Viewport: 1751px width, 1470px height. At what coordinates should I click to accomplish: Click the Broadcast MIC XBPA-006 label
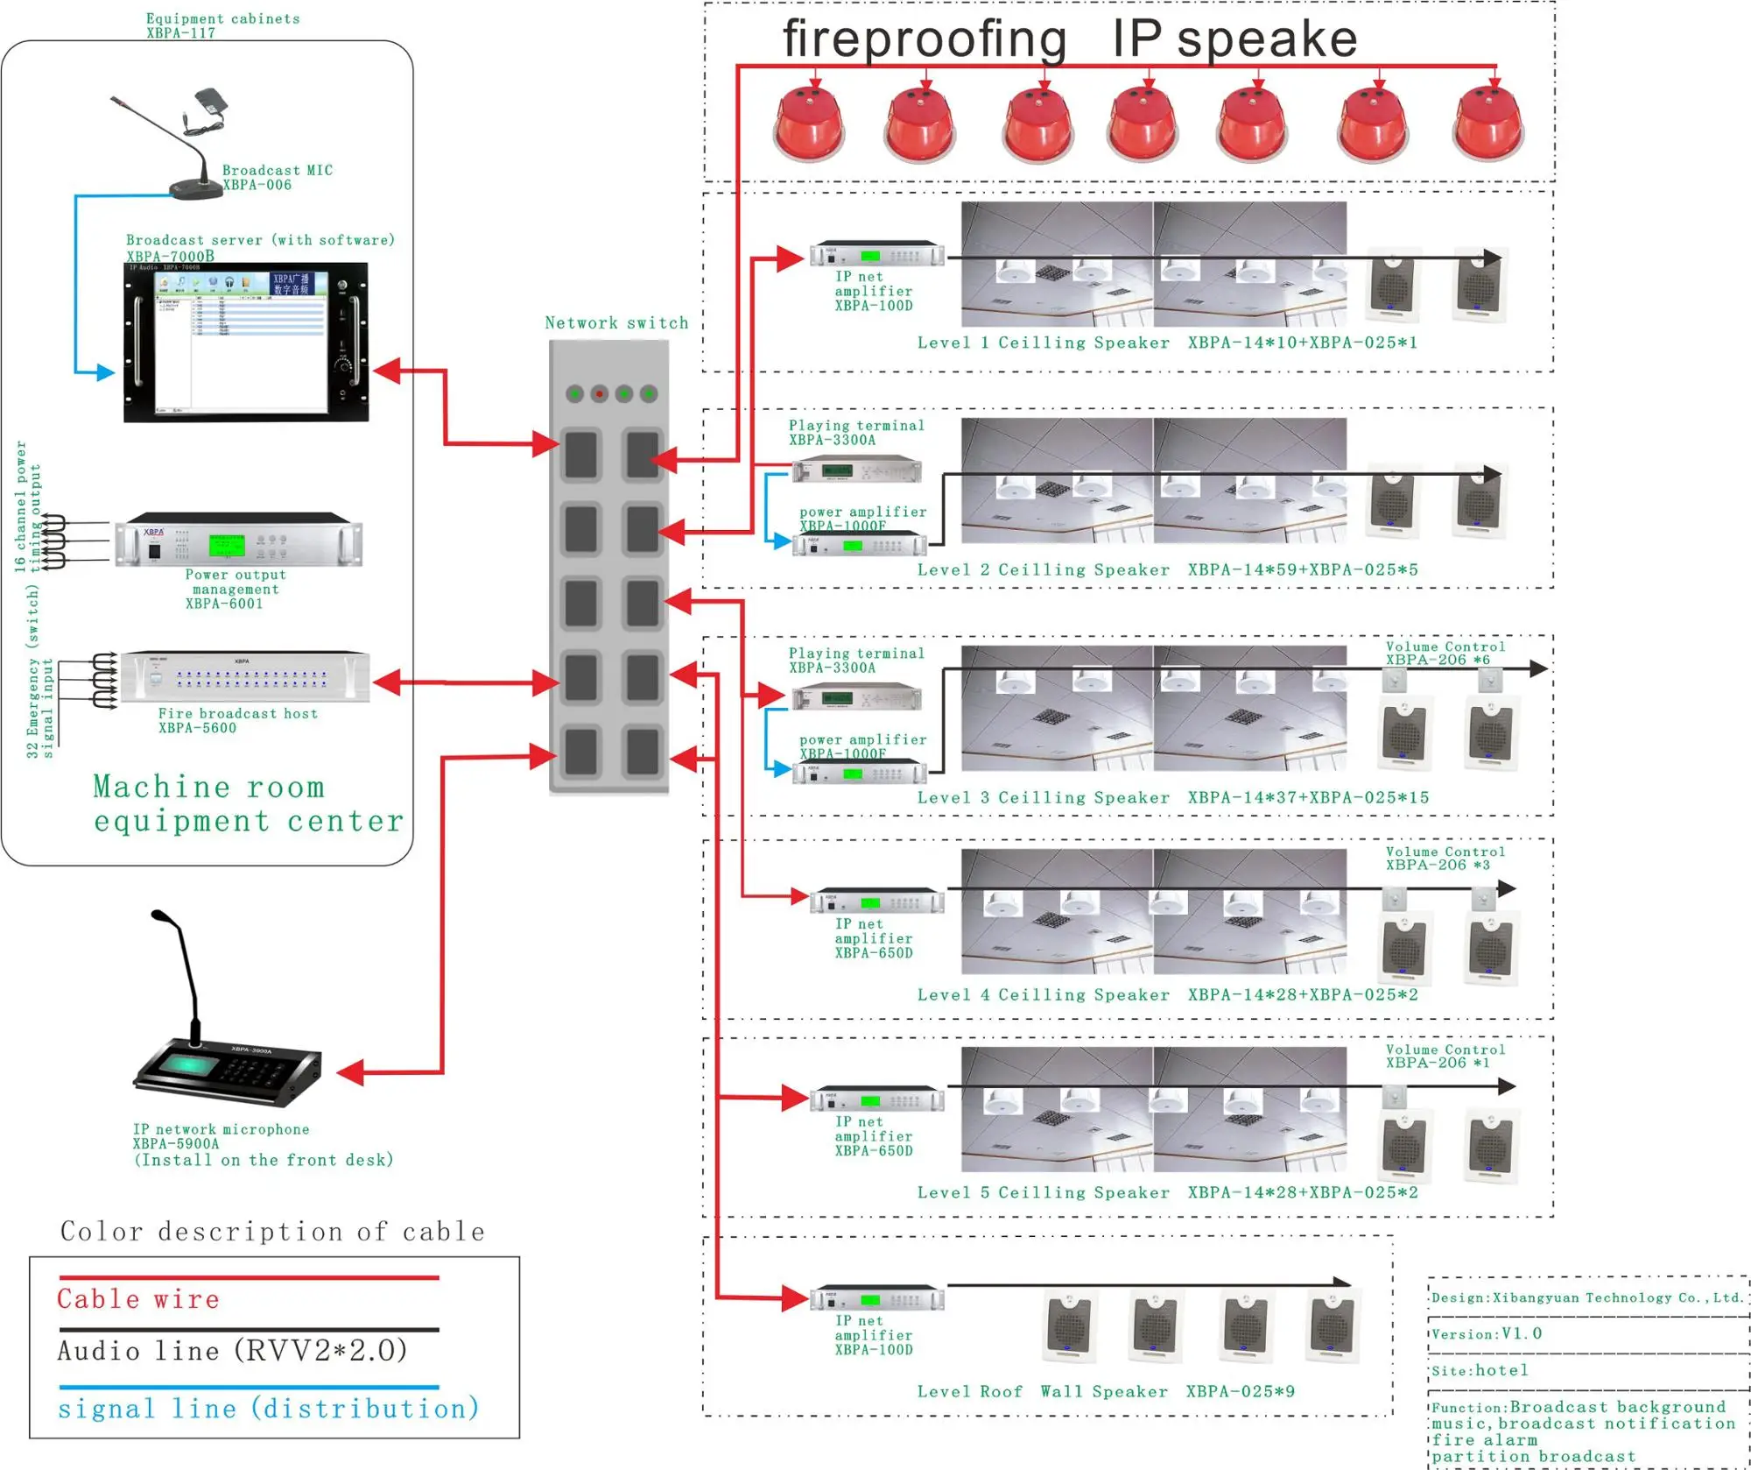277,177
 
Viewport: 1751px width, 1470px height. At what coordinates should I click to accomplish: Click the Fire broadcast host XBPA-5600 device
245,677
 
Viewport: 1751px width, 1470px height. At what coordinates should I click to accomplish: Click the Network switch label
616,323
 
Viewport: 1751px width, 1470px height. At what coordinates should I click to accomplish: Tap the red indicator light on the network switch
600,394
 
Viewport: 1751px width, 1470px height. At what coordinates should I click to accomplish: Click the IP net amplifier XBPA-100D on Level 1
876,256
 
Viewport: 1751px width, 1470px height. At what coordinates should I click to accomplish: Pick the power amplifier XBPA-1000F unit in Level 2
859,546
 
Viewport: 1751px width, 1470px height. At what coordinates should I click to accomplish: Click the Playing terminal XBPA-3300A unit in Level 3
856,698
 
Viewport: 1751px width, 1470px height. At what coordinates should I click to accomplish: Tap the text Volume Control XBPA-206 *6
1445,654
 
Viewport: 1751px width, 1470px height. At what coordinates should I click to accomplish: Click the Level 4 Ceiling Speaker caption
1043,995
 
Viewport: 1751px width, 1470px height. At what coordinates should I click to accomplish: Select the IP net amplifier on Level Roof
876,1298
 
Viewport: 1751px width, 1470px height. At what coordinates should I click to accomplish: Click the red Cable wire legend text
138,1299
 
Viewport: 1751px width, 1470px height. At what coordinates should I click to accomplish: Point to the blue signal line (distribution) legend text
269,1409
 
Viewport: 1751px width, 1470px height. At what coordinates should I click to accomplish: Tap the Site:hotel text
1480,1370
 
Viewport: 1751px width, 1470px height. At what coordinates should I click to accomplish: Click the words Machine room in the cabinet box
208,787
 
